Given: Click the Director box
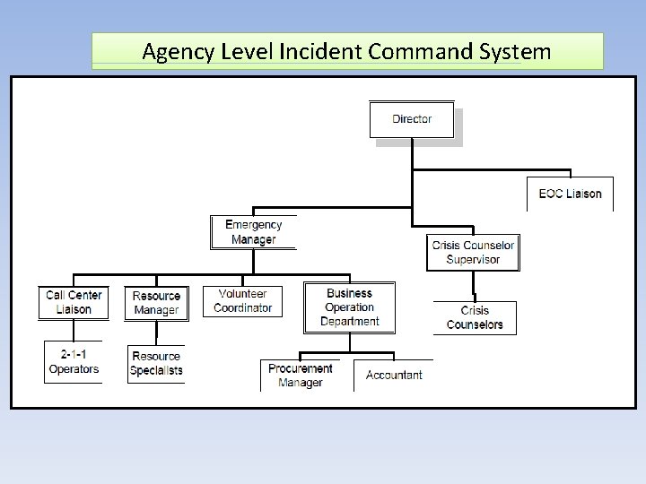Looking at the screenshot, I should pyautogui.click(x=412, y=119).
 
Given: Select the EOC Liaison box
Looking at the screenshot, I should pyautogui.click(x=570, y=194).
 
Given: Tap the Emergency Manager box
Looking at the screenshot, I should pyautogui.click(x=253, y=232).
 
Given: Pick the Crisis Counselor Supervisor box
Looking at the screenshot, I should pyautogui.click(x=473, y=253).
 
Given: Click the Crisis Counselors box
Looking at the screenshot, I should pyautogui.click(x=475, y=317).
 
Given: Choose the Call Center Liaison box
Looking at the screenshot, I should pyautogui.click(x=74, y=302).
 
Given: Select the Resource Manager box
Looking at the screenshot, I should pyautogui.click(x=156, y=303).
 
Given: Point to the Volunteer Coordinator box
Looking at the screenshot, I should pyautogui.click(x=242, y=301).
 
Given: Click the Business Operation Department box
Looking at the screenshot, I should pyautogui.click(x=349, y=307).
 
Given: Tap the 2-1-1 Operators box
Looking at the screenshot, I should pyautogui.click(x=74, y=362).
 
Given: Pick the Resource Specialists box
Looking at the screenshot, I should pyautogui.click(x=156, y=363).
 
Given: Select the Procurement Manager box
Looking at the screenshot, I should pyautogui.click(x=301, y=376).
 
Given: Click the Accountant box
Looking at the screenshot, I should pyautogui.click(x=394, y=375).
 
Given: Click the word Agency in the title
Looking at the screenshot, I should pyautogui.click(x=177, y=52).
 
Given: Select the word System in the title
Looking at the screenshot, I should pyautogui.click(x=514, y=52).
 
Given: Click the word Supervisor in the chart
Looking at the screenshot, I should pyautogui.click(x=473, y=260).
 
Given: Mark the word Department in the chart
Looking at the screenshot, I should pyautogui.click(x=349, y=322).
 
